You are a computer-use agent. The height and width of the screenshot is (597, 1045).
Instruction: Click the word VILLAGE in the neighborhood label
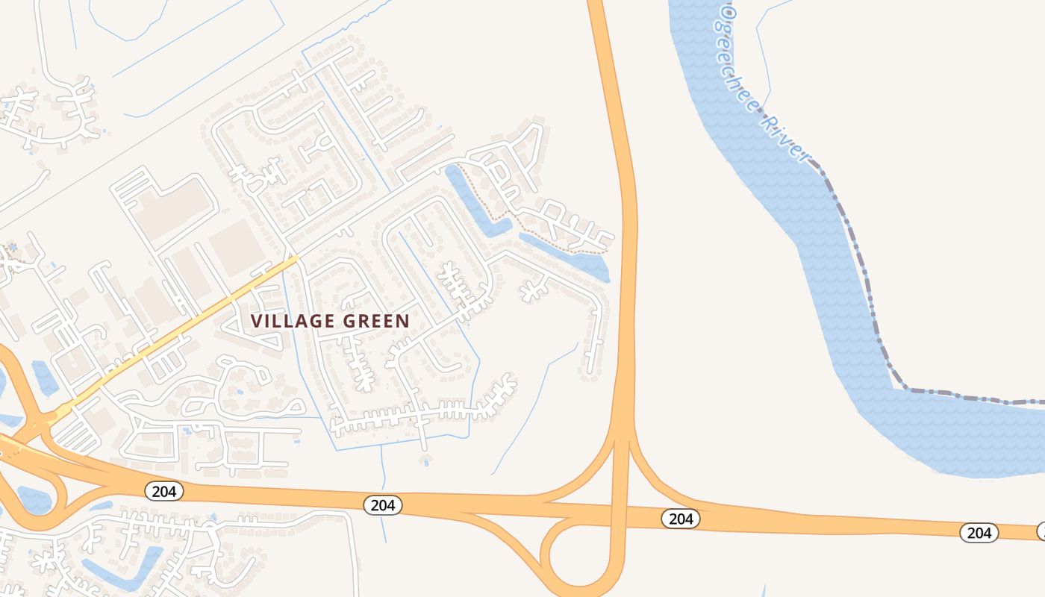tap(293, 321)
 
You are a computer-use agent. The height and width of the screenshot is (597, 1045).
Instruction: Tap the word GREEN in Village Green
tap(376, 321)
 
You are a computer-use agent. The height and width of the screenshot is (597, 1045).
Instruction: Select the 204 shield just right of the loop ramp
tap(680, 519)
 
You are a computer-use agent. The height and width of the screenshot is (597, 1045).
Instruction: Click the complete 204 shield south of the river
tap(978, 532)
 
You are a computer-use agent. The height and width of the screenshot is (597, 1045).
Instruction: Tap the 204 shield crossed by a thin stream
tap(383, 505)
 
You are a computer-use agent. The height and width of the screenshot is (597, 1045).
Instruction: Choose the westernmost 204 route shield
tap(163, 490)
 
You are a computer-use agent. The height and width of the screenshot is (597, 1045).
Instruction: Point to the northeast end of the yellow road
tap(296, 258)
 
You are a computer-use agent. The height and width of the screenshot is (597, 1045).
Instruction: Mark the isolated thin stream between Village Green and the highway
tap(534, 410)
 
